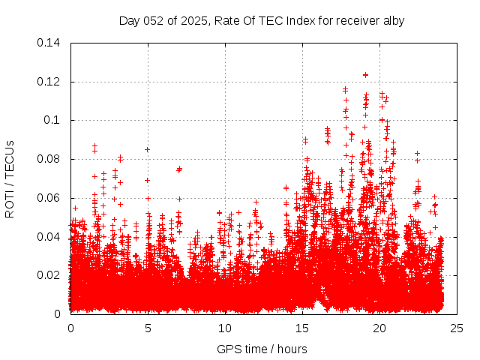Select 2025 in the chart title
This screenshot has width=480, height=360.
(x=190, y=21)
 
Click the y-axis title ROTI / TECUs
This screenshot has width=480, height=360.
(x=10, y=178)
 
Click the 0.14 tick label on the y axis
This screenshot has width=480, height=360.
(x=50, y=43)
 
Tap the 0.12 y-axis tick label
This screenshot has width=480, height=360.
(x=50, y=81)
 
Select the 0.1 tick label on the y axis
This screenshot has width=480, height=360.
(x=53, y=120)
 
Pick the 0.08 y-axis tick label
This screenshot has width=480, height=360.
(x=50, y=159)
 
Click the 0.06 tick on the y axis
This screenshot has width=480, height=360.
(x=50, y=198)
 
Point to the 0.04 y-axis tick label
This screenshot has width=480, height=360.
(x=50, y=237)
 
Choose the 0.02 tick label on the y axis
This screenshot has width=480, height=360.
(x=50, y=275)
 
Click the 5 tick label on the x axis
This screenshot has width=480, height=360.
(x=148, y=328)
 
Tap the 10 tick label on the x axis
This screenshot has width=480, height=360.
(x=225, y=328)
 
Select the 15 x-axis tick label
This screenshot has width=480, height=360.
(x=302, y=328)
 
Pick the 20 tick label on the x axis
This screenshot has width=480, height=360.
(x=379, y=328)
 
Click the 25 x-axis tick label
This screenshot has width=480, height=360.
(x=457, y=328)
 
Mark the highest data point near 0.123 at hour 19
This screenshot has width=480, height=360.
(x=365, y=75)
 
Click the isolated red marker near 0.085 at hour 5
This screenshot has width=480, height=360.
(x=147, y=149)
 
